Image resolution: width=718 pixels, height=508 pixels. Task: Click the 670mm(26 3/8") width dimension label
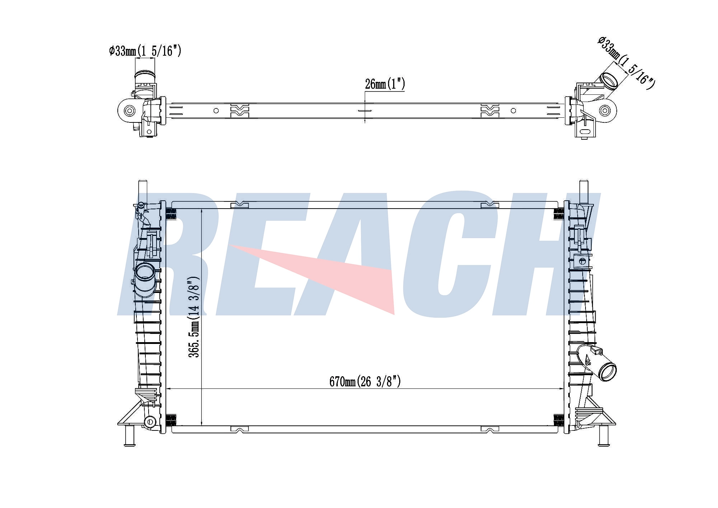[365, 381]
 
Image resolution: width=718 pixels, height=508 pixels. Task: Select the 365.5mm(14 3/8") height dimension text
[194, 317]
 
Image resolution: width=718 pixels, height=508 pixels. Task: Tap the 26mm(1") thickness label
[385, 84]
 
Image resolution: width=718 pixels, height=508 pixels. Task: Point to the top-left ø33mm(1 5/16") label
[145, 51]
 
